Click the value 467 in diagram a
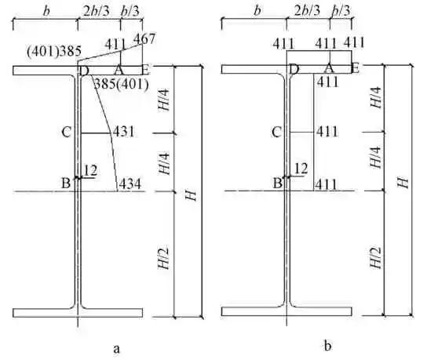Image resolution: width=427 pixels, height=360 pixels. point(144,38)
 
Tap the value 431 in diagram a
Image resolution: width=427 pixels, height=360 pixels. point(124,132)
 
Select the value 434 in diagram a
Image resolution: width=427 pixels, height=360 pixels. point(130,184)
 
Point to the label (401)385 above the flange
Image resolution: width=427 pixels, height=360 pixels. point(54,51)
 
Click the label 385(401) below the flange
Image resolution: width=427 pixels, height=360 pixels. point(121,85)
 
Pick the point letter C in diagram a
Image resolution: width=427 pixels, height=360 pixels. point(67,133)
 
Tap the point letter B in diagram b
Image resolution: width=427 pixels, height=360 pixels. point(278,183)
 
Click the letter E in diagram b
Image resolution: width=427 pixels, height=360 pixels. point(355,68)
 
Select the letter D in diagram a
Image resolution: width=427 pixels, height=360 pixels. point(84,71)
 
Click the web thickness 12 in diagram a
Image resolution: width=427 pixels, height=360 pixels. point(90,170)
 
